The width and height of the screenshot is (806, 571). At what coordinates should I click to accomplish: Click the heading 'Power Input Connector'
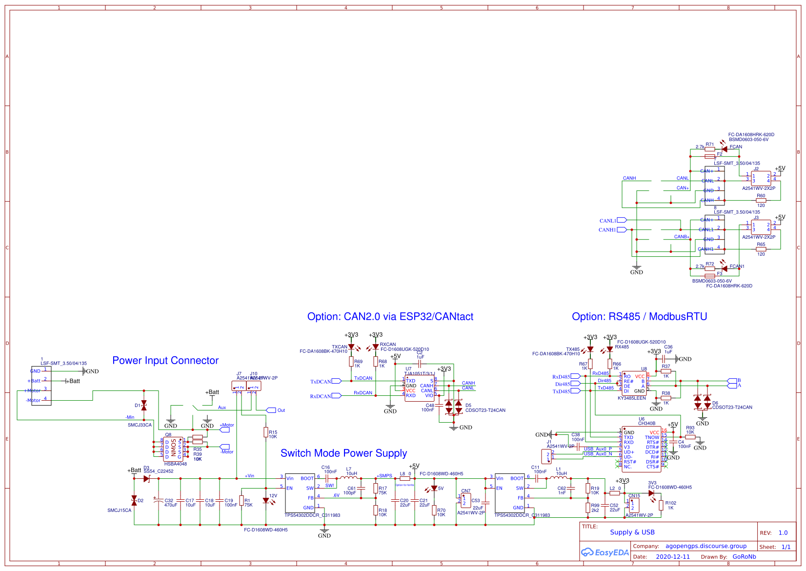click(165, 361)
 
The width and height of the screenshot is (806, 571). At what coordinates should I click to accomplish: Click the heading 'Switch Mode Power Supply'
click(343, 453)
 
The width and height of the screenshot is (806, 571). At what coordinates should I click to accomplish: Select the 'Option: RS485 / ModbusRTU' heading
click(639, 317)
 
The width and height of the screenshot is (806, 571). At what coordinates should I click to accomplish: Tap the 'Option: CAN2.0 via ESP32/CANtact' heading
click(390, 317)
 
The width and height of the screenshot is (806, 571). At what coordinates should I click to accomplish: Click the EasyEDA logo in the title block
click(604, 552)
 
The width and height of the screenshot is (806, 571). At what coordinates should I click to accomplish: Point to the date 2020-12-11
click(673, 557)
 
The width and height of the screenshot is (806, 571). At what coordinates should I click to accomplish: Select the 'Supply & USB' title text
click(632, 532)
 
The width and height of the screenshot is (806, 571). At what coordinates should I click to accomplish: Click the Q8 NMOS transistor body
click(173, 449)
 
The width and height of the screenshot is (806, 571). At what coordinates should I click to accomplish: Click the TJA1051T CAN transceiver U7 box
click(419, 388)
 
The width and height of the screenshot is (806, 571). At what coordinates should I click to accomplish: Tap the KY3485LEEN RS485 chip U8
click(634, 384)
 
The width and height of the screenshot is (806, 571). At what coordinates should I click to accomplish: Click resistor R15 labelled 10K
click(266, 432)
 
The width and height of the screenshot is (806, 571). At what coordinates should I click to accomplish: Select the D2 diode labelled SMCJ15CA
click(134, 500)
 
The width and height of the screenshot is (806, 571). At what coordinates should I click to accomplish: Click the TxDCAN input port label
click(321, 382)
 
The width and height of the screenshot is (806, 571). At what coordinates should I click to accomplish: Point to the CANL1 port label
click(608, 221)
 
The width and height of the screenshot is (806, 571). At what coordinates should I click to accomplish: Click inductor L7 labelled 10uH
click(351, 478)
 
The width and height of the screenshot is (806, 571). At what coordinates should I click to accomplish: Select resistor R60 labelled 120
click(761, 200)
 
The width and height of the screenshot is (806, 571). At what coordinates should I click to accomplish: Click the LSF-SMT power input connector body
click(41, 386)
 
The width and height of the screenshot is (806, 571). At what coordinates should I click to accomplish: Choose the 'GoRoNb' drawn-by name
click(744, 557)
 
